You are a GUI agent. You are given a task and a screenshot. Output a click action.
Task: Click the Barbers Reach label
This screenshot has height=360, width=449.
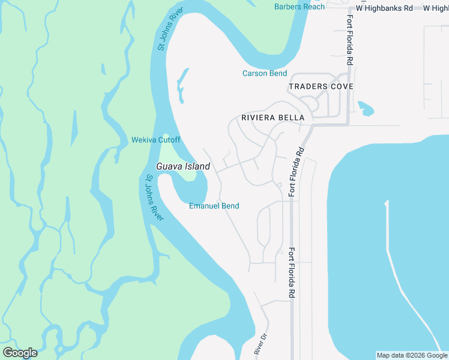299,7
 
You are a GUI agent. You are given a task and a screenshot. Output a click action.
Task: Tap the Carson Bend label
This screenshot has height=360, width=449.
264,74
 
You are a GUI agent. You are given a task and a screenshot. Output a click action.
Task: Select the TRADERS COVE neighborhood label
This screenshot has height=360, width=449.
321,87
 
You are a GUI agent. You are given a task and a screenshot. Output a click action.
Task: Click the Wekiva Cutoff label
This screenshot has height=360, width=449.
156,140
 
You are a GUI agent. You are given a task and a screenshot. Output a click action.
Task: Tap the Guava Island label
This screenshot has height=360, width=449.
183,166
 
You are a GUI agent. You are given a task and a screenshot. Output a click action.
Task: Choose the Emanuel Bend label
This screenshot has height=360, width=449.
214,206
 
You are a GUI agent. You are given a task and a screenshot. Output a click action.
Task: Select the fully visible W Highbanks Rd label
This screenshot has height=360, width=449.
385,8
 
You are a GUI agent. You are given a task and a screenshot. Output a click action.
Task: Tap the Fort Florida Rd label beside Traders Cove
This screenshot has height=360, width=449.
349,40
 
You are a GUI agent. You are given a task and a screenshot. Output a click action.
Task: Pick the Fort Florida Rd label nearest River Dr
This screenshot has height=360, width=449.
292,273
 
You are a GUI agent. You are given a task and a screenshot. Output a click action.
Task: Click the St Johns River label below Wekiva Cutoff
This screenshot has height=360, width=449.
154,197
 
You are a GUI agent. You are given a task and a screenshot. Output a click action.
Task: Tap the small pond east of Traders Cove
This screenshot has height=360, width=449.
366,109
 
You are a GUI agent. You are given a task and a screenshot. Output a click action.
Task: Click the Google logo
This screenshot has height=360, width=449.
20,353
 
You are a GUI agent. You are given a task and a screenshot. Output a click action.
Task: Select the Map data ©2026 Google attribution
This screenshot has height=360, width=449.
412,355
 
